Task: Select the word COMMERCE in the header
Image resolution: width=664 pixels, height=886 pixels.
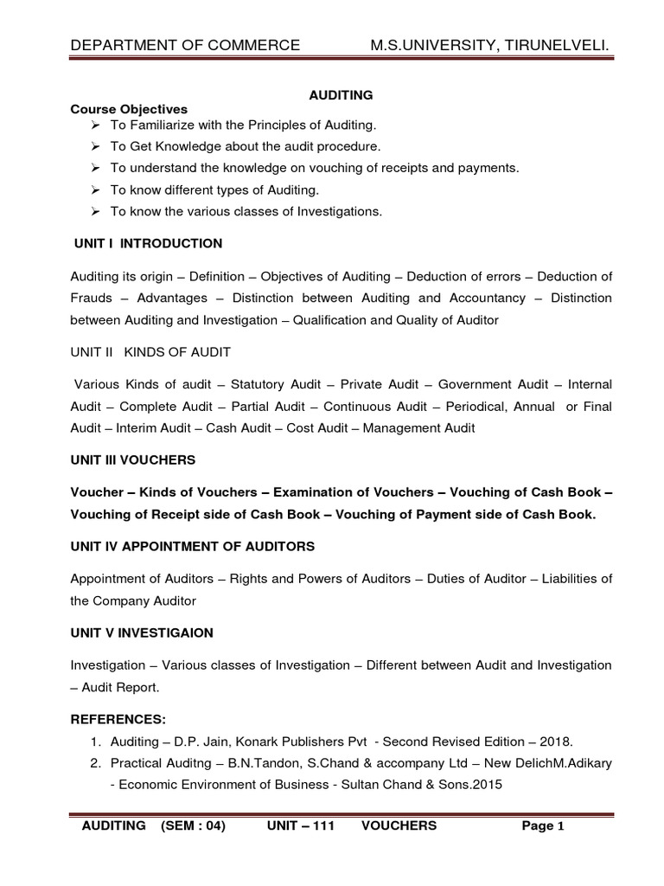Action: (253, 45)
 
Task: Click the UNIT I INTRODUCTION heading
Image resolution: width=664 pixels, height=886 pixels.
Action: (148, 243)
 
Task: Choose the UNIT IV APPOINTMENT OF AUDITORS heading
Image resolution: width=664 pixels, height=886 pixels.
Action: (192, 547)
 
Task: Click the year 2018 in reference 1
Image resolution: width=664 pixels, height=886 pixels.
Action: (552, 742)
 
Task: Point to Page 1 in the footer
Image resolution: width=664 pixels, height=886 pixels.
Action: (543, 826)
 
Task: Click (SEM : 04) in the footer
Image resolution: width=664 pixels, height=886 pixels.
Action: (193, 826)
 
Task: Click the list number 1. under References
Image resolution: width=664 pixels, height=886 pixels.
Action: (97, 742)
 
